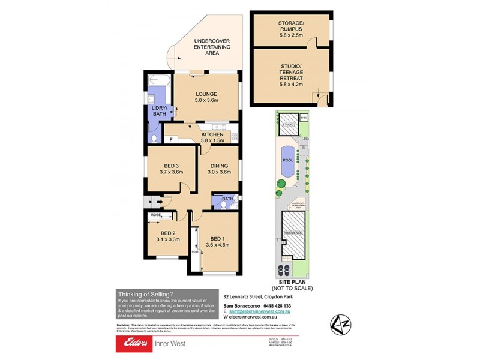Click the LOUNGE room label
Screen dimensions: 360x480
[x=206, y=94]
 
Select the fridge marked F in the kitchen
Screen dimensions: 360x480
[x=172, y=139]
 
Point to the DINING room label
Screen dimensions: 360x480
[x=218, y=165]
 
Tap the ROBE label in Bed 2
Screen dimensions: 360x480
[x=155, y=214]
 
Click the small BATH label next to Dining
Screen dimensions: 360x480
[x=228, y=199]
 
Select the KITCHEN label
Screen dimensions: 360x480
[x=212, y=134]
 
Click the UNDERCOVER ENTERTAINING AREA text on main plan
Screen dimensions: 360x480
[x=206, y=47]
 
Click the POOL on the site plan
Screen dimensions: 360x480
[x=287, y=161]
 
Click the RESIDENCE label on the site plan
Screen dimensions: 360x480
[x=292, y=232]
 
